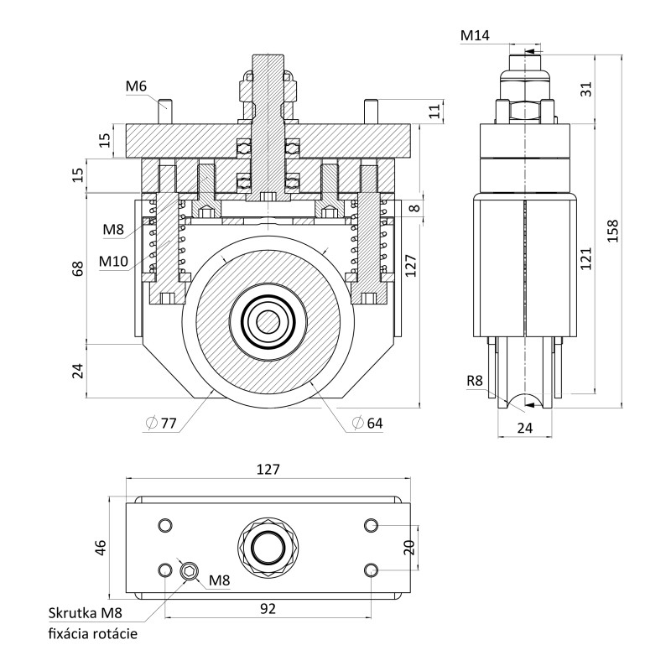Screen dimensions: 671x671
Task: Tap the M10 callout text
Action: pyautogui.click(x=112, y=261)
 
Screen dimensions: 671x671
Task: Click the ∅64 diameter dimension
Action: pyautogui.click(x=367, y=424)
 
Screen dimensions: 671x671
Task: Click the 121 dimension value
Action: pyautogui.click(x=585, y=258)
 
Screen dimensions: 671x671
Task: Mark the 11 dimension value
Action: pyautogui.click(x=434, y=111)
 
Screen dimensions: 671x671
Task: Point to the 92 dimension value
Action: pyautogui.click(x=268, y=608)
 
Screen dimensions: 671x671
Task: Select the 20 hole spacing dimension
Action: pyautogui.click(x=409, y=548)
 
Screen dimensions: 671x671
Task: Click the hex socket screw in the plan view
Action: pyautogui.click(x=190, y=573)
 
